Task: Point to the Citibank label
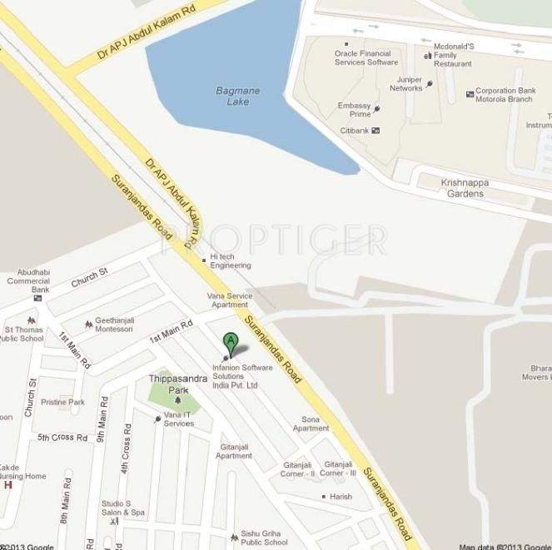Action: tap(354, 131)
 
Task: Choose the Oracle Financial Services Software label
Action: tap(366, 57)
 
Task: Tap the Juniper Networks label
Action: tap(406, 83)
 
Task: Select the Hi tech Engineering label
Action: tap(231, 260)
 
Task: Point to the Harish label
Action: tap(341, 497)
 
